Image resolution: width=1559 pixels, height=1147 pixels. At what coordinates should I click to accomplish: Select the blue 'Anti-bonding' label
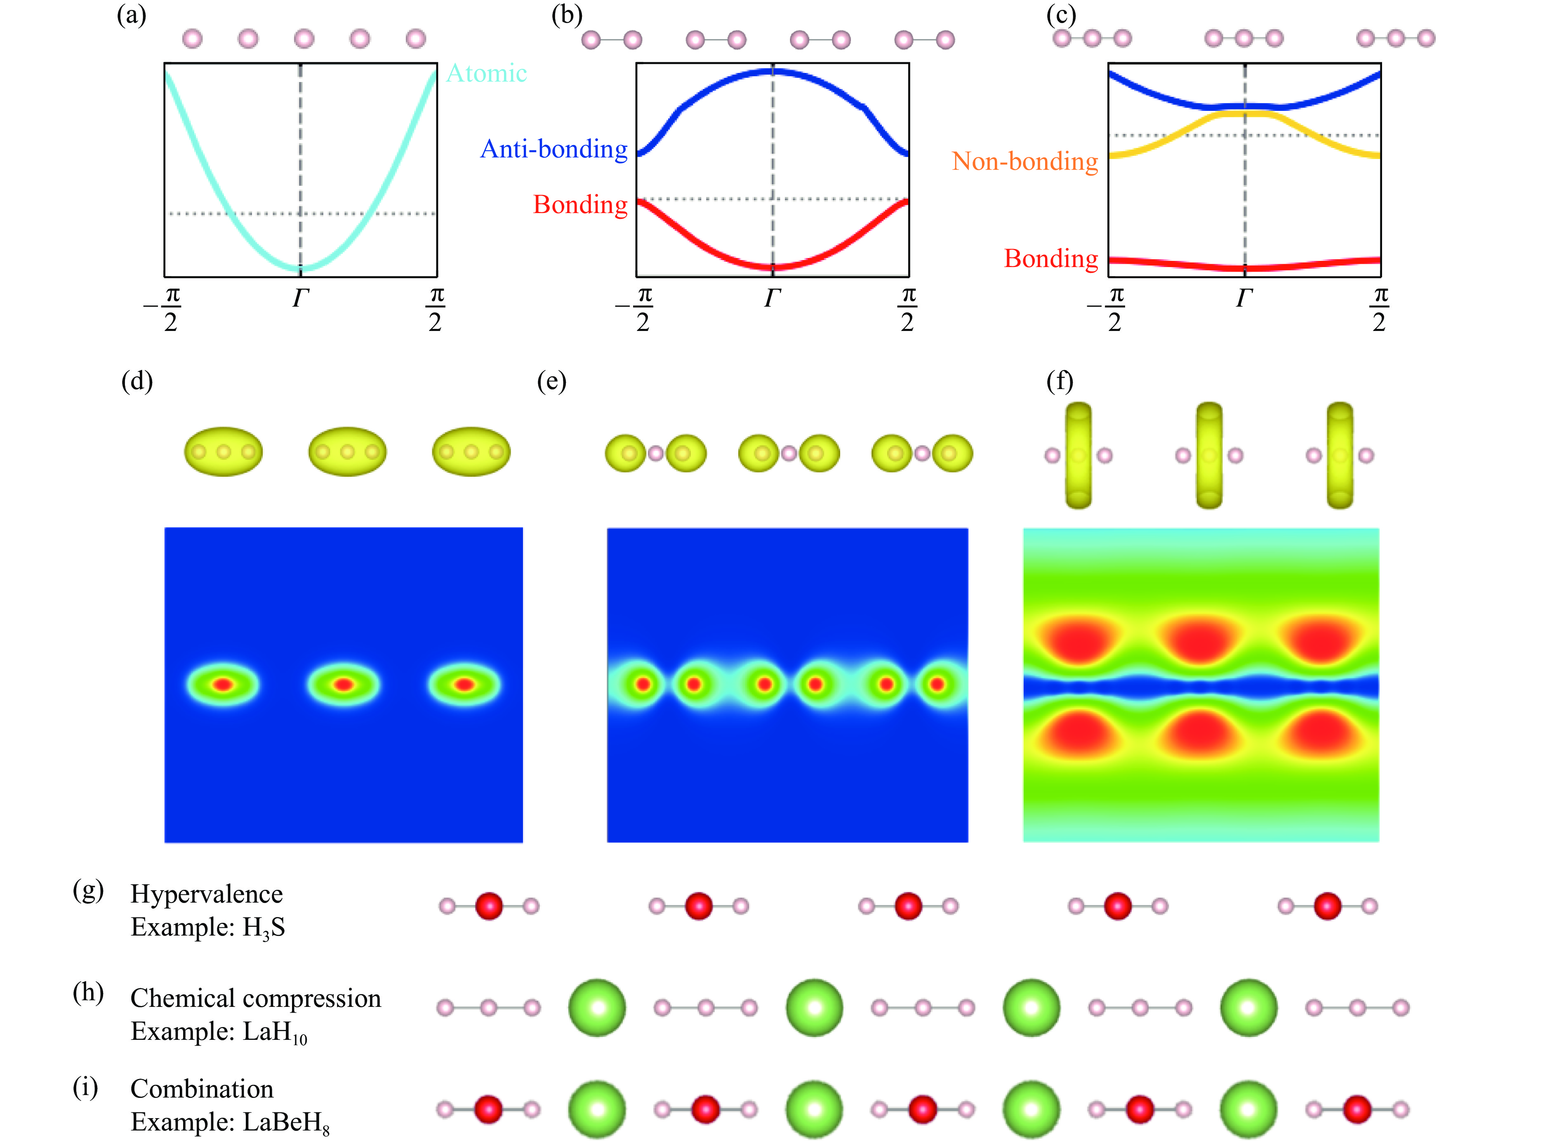click(554, 149)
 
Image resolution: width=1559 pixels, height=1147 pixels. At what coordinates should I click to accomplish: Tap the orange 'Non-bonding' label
click(1025, 161)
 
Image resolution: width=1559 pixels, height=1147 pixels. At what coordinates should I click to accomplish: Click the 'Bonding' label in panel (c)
click(1050, 258)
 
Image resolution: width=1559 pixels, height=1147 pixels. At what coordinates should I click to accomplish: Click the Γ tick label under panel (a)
click(300, 298)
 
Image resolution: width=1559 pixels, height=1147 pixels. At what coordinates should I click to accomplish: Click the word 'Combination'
click(202, 1088)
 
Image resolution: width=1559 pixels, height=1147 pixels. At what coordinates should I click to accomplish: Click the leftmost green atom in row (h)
click(597, 1007)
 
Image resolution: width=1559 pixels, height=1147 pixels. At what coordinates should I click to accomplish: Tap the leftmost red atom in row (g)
click(489, 906)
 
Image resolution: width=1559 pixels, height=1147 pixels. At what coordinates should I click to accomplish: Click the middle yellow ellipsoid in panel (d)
click(347, 451)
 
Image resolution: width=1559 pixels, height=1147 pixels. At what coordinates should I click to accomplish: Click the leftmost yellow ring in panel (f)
click(1078, 455)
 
